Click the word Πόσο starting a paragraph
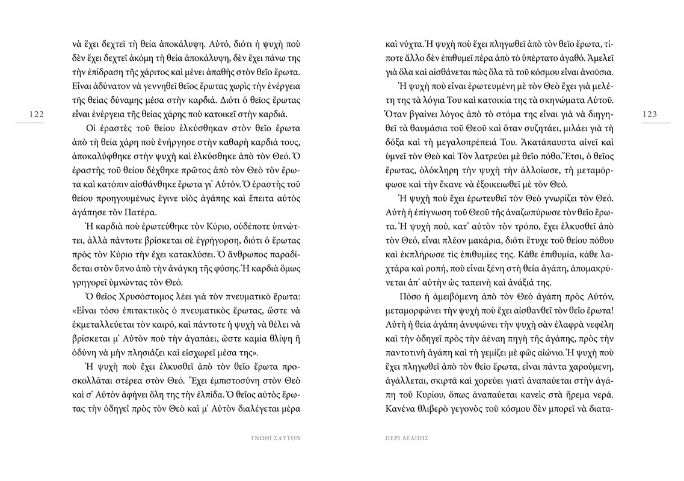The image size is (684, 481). click(x=409, y=298)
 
